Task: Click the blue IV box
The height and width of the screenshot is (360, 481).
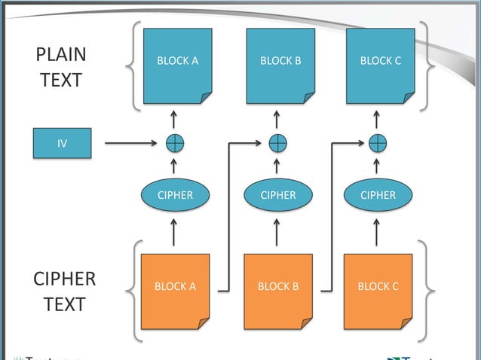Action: coord(62,142)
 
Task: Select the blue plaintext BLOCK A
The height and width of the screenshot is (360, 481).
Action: coord(177,66)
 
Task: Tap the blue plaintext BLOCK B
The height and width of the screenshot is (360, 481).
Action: coord(280,66)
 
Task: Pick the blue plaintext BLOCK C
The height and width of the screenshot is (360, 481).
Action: coord(380,66)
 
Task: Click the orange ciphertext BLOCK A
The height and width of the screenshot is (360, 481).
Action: coord(175,291)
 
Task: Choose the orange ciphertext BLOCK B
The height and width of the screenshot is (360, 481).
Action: coord(278,291)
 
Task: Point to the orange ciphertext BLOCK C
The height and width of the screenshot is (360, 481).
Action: coord(378,291)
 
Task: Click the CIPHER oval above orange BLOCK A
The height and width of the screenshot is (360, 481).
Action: coord(175,195)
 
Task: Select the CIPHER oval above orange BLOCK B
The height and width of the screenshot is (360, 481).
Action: coord(278,195)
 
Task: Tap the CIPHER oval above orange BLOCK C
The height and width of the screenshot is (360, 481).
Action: coord(378,195)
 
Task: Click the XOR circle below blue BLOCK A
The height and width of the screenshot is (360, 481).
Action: coord(175,142)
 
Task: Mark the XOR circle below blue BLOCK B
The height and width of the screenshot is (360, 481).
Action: coord(278,142)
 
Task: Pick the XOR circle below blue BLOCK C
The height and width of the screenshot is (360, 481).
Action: coord(378,142)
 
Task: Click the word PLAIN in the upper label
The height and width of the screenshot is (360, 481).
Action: coord(61,55)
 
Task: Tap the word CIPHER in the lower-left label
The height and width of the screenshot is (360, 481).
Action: coord(64,279)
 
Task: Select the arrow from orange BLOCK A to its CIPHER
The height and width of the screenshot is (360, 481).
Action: coord(175,232)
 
